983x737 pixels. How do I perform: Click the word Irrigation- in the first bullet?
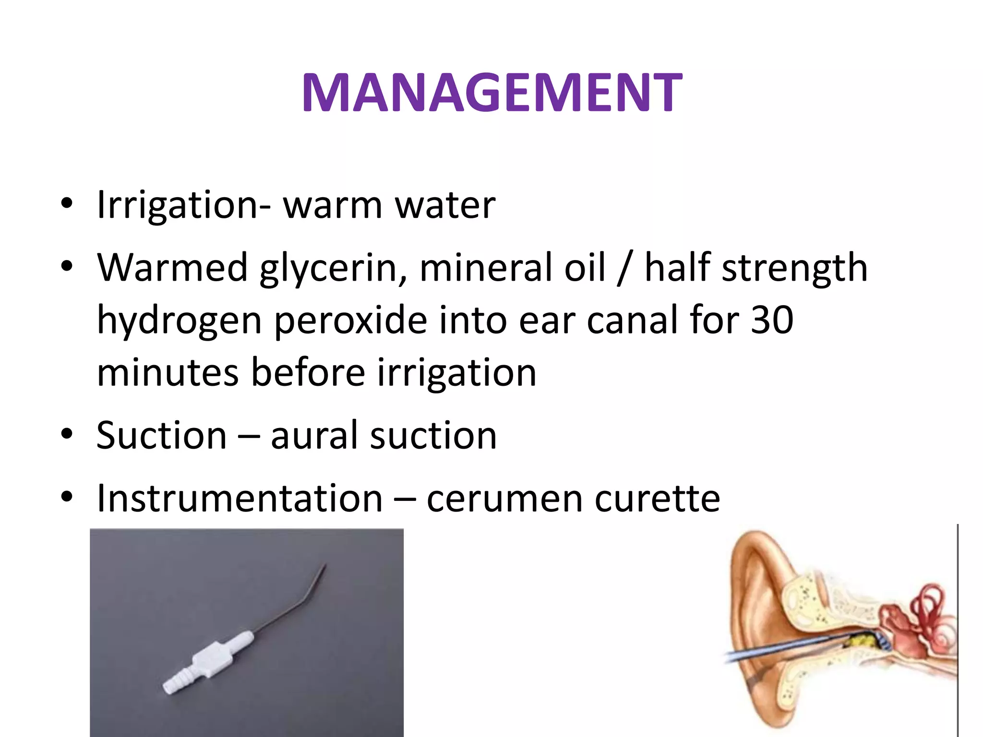[184, 205]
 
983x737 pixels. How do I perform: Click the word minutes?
[168, 372]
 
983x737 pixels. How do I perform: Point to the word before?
[308, 372]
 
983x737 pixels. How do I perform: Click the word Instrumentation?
[240, 499]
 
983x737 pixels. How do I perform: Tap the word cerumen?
[504, 499]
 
